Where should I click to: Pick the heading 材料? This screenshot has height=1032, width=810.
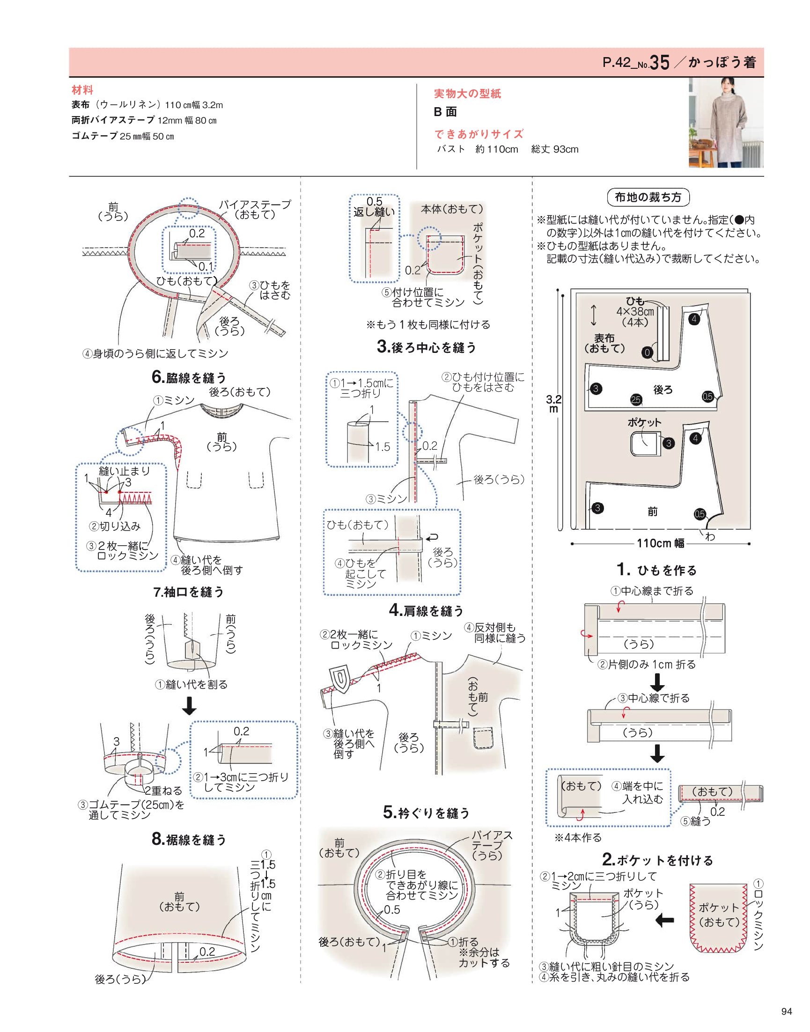point(82,90)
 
